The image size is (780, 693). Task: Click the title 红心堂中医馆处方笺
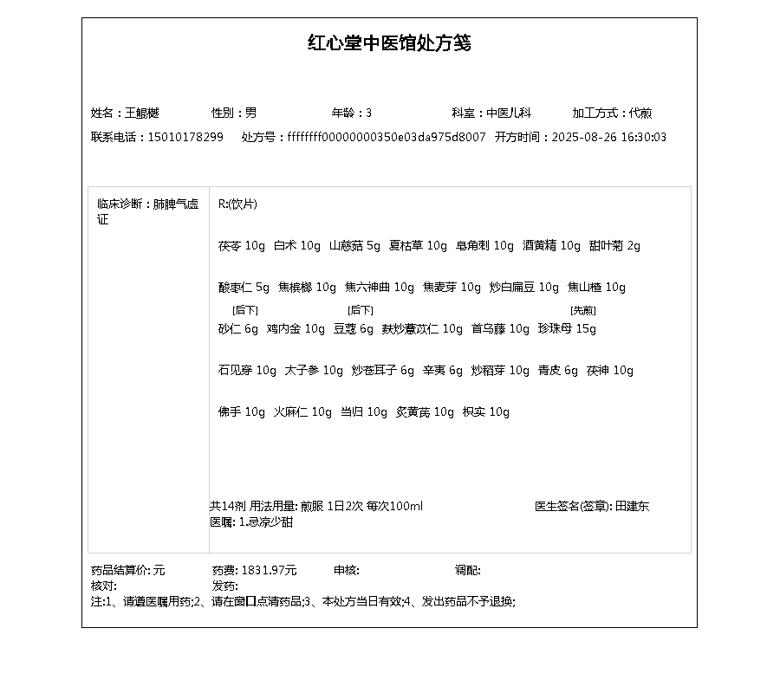(389, 43)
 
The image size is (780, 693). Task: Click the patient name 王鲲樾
(142, 113)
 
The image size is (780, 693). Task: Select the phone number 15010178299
(185, 138)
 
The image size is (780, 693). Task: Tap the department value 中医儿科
(509, 113)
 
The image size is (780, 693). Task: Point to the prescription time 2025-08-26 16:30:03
(609, 138)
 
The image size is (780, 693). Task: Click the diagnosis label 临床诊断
(120, 205)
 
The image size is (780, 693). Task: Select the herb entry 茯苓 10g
(242, 246)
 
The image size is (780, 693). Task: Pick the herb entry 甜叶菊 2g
(614, 246)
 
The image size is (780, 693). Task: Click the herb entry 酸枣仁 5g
(244, 288)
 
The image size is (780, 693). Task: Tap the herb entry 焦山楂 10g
(596, 288)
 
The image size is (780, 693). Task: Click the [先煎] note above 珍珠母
(582, 310)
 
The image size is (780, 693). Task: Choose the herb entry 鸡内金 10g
(296, 329)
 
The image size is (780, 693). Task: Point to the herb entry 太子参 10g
(314, 371)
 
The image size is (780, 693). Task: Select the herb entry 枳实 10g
(486, 412)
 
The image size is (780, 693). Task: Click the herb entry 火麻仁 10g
(303, 412)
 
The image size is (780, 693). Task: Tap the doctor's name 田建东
(632, 507)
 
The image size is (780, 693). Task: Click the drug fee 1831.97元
(269, 571)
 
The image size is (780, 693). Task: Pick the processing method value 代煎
(640, 113)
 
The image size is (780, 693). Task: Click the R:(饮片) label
(237, 205)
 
